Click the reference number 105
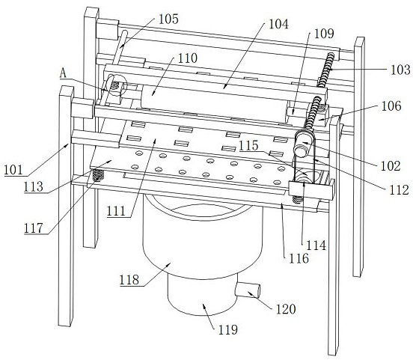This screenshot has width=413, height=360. point(168,19)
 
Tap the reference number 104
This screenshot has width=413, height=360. point(278,24)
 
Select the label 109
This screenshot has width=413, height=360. point(324,34)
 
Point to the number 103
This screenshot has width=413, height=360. point(400,70)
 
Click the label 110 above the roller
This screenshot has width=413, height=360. point(188,58)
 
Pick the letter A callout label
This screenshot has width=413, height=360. point(63,73)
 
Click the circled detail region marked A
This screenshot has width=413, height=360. point(117,85)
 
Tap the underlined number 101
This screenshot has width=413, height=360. point(13,170)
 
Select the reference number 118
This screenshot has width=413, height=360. point(129,280)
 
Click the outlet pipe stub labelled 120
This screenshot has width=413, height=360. point(248,290)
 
